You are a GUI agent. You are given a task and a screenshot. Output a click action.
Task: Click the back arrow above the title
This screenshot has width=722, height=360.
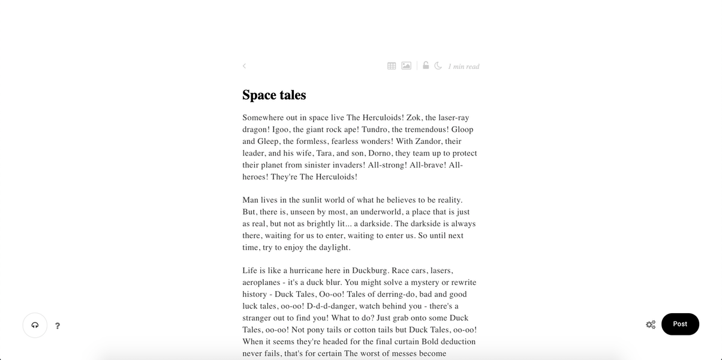coord(244,66)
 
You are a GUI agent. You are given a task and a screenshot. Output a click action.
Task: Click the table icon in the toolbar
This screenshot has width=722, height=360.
coord(392,66)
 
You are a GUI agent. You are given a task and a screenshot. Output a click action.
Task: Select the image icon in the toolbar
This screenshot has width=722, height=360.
coord(406,66)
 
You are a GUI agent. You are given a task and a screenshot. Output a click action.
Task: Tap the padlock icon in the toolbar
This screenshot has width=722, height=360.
coord(426,65)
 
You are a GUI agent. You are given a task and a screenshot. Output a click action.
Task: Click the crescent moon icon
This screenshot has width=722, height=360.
coord(438,66)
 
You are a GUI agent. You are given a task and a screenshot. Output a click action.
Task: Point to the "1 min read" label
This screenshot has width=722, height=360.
coord(464,67)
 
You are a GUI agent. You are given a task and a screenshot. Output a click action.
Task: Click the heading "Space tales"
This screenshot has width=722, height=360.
coord(274,95)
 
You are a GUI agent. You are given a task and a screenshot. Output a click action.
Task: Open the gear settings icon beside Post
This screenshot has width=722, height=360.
coord(650,325)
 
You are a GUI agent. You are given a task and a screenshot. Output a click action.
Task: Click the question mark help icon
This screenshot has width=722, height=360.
coord(58,326)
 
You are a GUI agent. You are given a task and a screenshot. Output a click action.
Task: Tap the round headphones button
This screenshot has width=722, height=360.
coord(35,325)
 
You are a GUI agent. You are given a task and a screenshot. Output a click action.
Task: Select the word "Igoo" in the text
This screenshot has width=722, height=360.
coord(281,130)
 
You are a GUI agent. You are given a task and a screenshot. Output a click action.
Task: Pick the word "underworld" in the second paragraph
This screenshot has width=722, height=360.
coord(374,212)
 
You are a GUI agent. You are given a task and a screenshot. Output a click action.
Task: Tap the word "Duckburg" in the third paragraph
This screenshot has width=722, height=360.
coord(369,271)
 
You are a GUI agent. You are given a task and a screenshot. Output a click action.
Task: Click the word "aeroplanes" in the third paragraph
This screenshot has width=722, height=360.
coord(262,283)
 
